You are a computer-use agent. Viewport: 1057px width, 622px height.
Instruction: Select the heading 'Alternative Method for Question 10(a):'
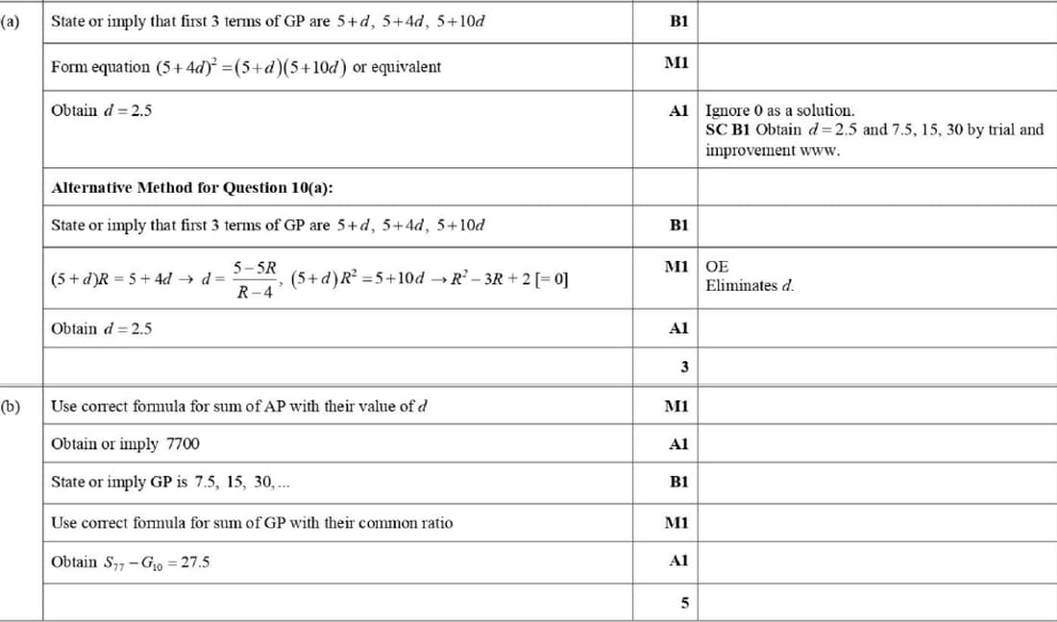click(x=192, y=187)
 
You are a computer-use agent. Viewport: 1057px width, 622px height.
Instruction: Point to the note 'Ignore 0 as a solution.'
click(x=779, y=110)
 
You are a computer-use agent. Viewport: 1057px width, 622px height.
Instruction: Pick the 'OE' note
click(x=717, y=266)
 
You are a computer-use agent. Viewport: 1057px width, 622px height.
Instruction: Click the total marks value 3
click(x=683, y=366)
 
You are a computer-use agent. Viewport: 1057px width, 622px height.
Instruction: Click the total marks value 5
click(x=683, y=603)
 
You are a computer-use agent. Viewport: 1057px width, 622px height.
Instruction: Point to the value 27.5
click(x=192, y=562)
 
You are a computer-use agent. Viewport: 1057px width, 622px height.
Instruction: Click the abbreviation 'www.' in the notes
click(x=821, y=150)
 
